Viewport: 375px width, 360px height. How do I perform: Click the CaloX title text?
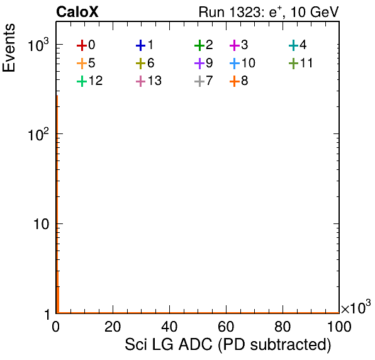[77, 12]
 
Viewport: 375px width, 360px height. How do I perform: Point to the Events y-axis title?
[9, 48]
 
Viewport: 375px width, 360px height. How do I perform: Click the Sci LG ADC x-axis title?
[228, 344]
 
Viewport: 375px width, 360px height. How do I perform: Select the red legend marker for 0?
[82, 45]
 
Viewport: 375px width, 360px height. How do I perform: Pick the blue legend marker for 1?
[141, 45]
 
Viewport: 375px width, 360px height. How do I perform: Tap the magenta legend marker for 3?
[235, 45]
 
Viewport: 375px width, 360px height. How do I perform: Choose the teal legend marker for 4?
[293, 45]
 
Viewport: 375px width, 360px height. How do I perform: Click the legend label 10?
[249, 63]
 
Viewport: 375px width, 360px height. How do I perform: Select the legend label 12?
[96, 81]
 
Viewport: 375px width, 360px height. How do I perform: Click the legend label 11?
[306, 63]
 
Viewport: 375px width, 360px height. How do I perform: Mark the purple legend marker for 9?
[199, 64]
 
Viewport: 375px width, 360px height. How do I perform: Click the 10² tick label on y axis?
[38, 134]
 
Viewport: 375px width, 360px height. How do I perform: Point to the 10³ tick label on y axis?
[38, 45]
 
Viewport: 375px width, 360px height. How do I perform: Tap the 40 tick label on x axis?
[169, 327]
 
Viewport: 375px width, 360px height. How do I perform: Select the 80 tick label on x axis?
[283, 327]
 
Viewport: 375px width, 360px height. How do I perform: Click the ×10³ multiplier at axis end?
[356, 307]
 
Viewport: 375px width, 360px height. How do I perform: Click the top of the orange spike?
[57, 96]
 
